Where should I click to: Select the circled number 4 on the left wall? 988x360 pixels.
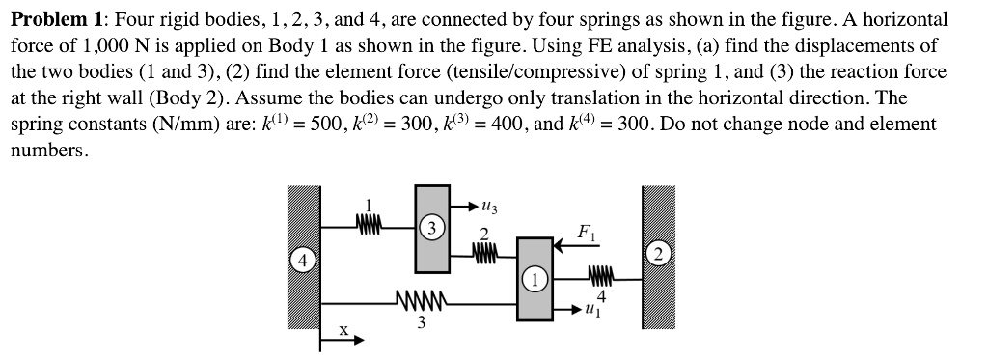tap(302, 261)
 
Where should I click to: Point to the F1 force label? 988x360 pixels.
tap(585, 232)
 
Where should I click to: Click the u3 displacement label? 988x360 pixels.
tap(491, 207)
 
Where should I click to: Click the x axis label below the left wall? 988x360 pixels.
tap(342, 330)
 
